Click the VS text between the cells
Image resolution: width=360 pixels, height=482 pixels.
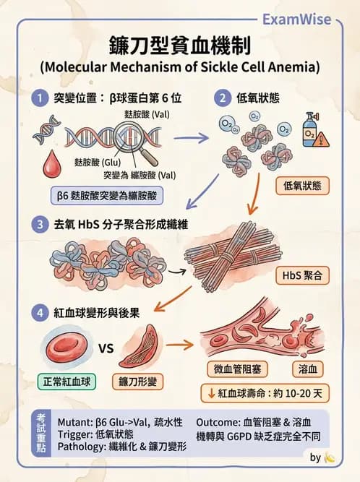point(106,348)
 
